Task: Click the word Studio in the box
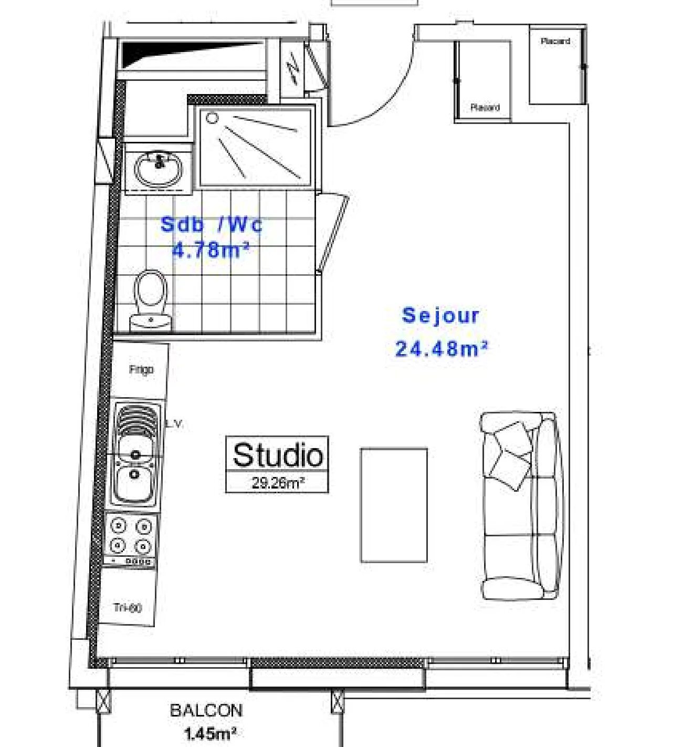277,455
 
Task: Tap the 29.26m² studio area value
278,483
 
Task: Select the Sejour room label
440,315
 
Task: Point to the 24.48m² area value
442,348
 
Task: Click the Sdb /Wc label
211,225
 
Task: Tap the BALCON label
206,711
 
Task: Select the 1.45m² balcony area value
209,733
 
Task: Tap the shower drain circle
212,118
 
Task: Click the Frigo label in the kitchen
141,370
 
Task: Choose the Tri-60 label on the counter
128,608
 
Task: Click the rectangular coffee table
394,505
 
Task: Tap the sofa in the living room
521,505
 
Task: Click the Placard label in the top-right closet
555,41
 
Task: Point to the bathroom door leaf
334,232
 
